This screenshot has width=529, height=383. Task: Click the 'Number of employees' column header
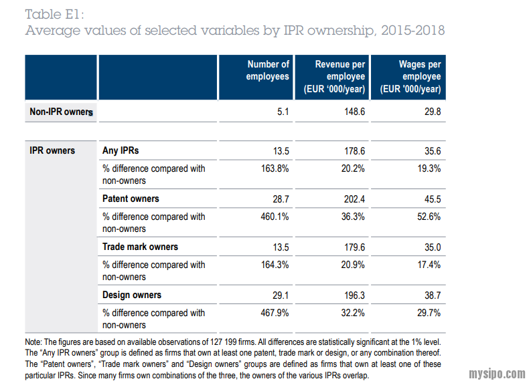[x=268, y=70]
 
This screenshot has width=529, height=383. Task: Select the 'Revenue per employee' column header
[x=339, y=77]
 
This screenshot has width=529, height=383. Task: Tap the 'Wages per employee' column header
[x=410, y=77]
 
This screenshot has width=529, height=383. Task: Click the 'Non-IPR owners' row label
[x=61, y=112]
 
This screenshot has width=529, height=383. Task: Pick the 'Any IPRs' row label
[x=121, y=150]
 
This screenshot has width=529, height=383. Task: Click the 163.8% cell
[x=275, y=168]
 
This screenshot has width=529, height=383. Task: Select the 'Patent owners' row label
[x=131, y=199]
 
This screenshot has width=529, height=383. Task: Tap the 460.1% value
[x=275, y=217]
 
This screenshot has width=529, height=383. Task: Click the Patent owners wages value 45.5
[x=432, y=199]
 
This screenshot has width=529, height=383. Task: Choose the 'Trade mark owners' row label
[x=140, y=247]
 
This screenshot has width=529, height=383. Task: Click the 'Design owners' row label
[x=132, y=295]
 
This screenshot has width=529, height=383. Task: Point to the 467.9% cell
[x=275, y=313]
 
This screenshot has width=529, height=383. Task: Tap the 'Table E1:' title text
[x=54, y=14]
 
